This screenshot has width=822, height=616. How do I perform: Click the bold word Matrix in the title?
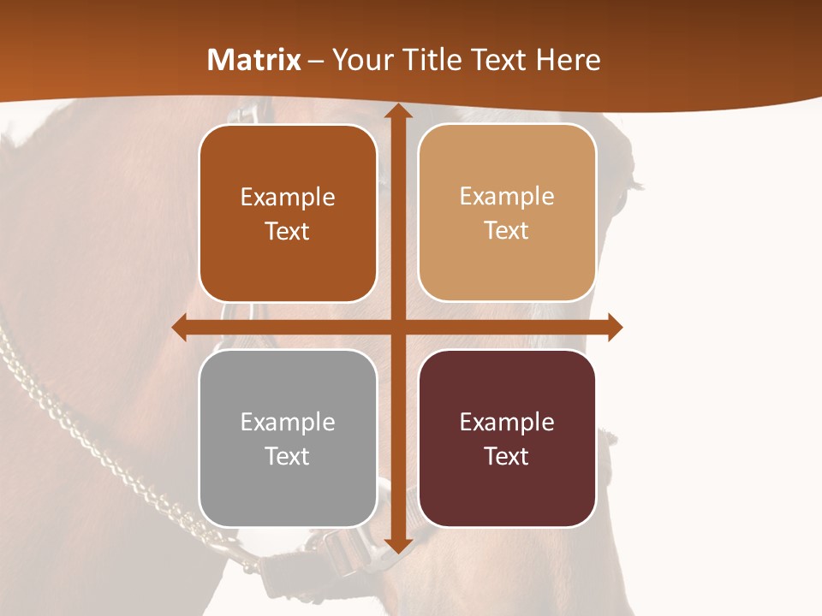pos(254,60)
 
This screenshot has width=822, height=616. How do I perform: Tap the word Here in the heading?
pos(568,60)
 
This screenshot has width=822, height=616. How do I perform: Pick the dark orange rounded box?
pos(288,213)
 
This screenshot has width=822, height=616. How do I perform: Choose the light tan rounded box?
pos(507,213)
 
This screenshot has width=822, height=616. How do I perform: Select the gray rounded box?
pos(288,438)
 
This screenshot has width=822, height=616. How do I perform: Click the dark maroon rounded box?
pos(507,438)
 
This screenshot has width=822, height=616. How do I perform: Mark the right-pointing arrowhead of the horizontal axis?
pos(614,327)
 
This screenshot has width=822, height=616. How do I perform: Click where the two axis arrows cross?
pos(397,327)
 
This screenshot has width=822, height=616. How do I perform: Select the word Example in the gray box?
pos(288,422)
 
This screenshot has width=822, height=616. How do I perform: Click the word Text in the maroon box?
pos(507,456)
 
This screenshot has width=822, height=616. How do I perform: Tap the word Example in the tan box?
pos(507,197)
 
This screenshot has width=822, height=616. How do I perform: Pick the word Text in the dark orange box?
pos(288,231)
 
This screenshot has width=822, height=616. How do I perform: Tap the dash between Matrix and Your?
pos(316,60)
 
